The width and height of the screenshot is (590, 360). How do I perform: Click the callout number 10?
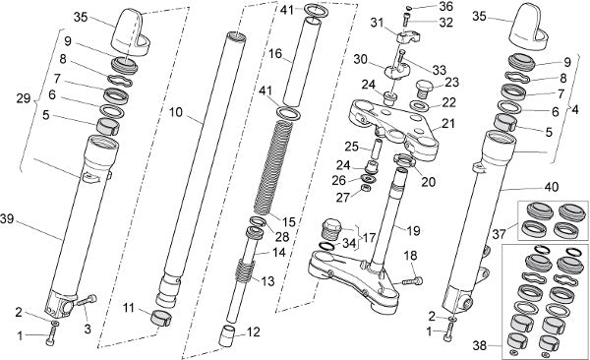(x=176, y=112)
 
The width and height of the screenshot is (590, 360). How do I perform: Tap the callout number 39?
(x=7, y=218)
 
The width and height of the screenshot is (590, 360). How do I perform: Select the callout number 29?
(x=24, y=98)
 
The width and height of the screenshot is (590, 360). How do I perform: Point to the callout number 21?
(x=448, y=123)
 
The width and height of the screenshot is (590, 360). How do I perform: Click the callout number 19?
(x=413, y=230)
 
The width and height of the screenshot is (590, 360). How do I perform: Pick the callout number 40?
(x=552, y=187)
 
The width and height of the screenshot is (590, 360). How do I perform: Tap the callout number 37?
(x=499, y=234)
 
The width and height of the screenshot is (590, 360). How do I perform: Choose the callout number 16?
(x=275, y=54)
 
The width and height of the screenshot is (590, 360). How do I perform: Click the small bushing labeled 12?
(x=228, y=335)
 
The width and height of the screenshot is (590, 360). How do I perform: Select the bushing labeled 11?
(x=161, y=319)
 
